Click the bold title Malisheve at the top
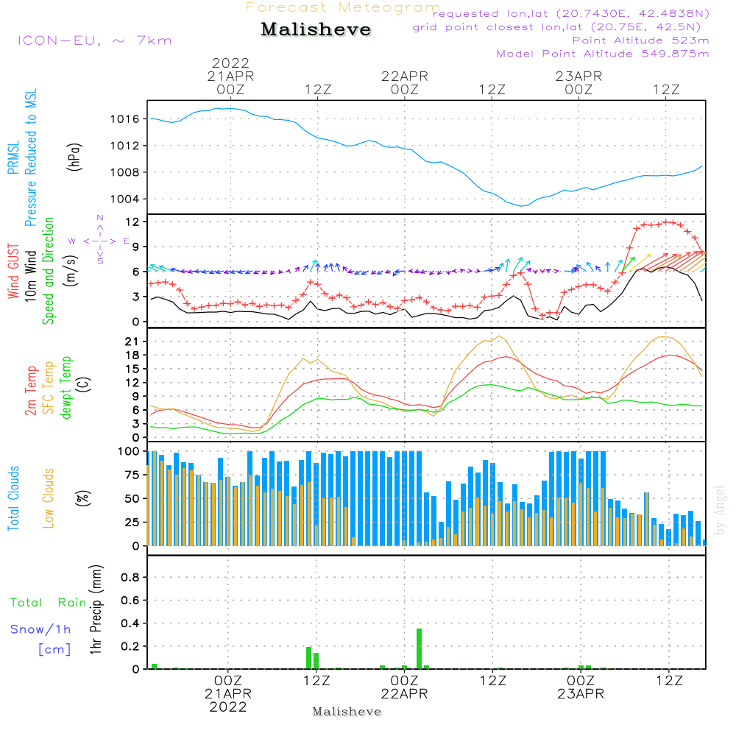(316, 30)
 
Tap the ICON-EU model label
(94, 40)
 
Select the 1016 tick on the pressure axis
(124, 118)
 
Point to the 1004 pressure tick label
(124, 199)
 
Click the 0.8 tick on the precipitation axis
(129, 578)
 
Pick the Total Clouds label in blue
(14, 498)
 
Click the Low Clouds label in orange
(49, 498)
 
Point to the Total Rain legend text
(48, 603)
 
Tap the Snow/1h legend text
(40, 629)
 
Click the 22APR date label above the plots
(404, 76)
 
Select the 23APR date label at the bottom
(578, 695)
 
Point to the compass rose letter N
(100, 218)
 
